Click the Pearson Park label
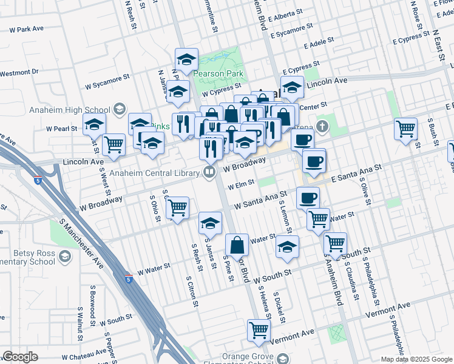218,74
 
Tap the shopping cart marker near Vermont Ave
259,331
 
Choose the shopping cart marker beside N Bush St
405,129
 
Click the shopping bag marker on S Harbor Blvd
237,246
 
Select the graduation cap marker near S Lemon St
287,246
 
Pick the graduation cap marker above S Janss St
209,224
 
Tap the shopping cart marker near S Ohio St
177,207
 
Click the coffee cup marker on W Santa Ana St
308,198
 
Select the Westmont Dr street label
19,72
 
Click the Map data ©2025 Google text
416,359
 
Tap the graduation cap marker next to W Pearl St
94,124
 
